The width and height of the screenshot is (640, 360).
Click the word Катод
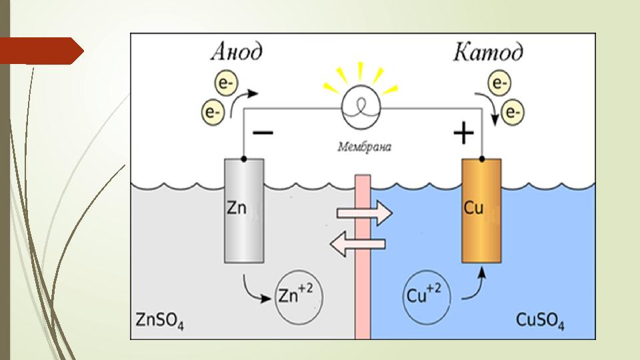point(488,53)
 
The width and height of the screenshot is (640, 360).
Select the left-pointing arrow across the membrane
point(359,245)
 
